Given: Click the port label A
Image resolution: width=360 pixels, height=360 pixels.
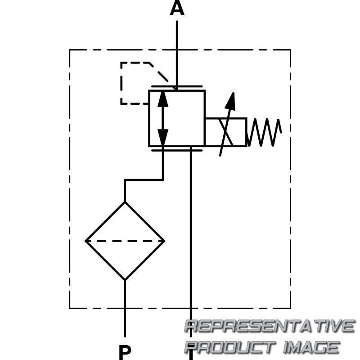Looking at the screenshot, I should [x=177, y=9].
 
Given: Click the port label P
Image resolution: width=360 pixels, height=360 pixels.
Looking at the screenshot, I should [x=125, y=352].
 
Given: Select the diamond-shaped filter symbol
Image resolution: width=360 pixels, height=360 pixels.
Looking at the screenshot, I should [x=125, y=241].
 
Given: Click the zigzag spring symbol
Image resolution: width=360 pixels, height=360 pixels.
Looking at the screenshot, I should [x=265, y=132].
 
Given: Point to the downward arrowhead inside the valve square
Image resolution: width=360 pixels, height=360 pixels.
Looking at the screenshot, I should [x=163, y=137].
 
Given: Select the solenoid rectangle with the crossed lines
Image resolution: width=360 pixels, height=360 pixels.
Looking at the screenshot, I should [x=225, y=132].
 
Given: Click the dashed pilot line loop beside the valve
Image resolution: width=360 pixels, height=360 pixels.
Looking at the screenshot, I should [x=121, y=83].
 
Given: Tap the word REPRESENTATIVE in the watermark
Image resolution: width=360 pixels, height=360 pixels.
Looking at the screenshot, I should [x=270, y=326].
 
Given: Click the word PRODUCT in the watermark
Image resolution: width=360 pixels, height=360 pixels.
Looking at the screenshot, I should [x=229, y=347].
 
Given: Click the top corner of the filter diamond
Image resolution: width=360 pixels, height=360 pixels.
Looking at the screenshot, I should [x=125, y=202].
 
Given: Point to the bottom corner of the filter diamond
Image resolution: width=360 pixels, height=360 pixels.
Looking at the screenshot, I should [x=125, y=280].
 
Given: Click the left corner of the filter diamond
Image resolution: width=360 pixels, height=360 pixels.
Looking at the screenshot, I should [x=86, y=241].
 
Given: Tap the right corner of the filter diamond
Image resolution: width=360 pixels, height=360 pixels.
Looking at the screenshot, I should [x=164, y=241].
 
